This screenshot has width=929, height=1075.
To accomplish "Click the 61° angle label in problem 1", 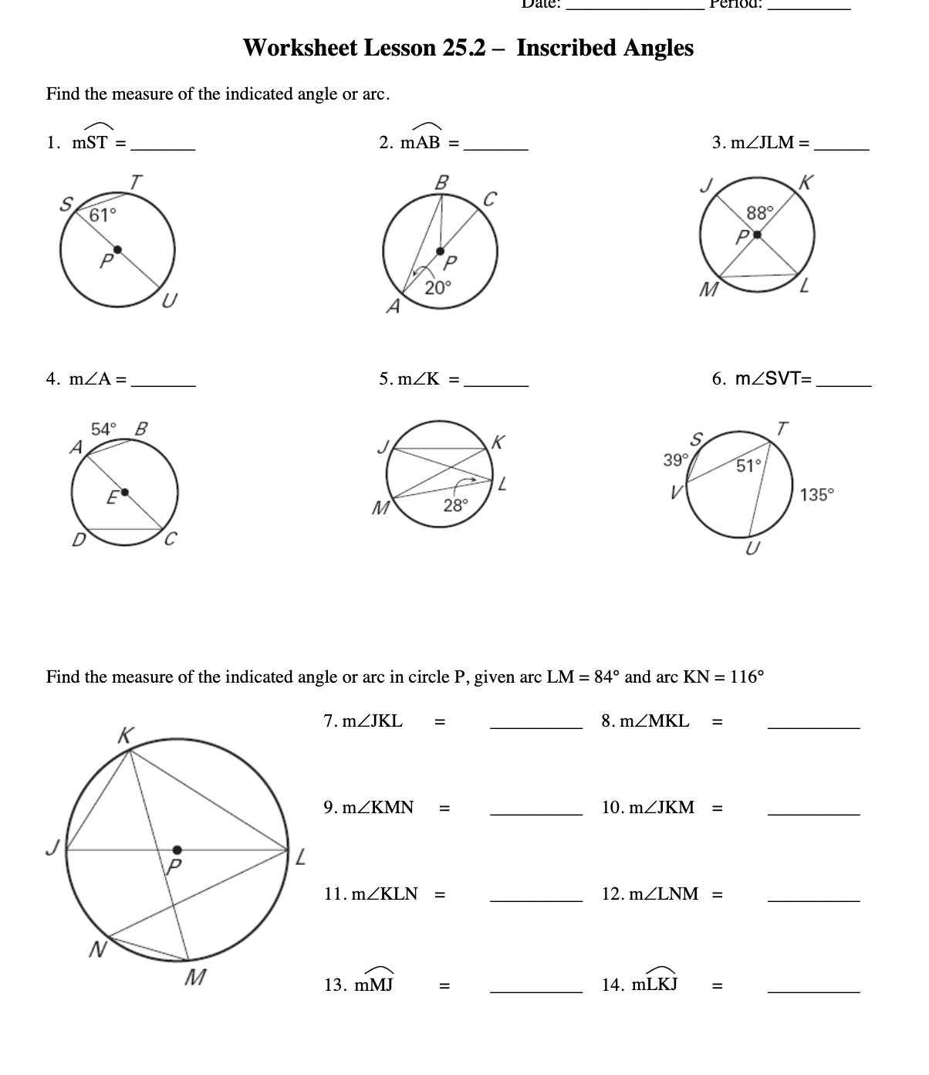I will click(x=103, y=215).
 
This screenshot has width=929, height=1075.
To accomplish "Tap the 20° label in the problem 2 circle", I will click(x=437, y=288).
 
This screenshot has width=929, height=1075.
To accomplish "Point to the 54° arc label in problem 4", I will click(x=104, y=429).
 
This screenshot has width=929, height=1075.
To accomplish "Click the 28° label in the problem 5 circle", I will click(x=456, y=506).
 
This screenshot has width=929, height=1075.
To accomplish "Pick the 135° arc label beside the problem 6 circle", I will click(x=817, y=495).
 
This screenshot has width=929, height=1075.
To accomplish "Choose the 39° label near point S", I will click(x=675, y=460).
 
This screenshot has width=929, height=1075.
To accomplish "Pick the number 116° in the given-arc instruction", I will click(x=747, y=677).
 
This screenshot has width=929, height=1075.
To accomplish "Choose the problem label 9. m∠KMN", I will click(x=368, y=808).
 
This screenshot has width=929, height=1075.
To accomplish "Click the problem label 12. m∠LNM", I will click(x=650, y=894).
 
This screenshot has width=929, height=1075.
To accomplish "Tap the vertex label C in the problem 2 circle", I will click(x=488, y=198).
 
